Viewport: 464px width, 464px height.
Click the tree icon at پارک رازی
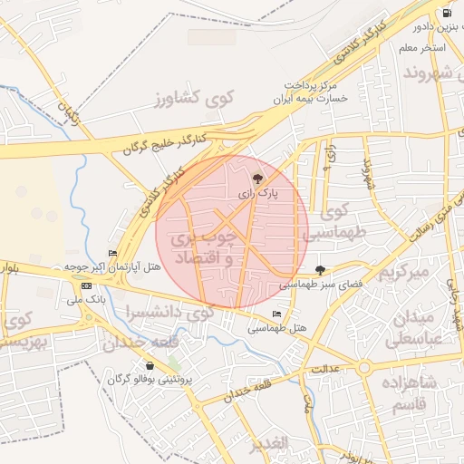coord(259,179)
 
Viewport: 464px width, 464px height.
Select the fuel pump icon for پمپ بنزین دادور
coord(447,13)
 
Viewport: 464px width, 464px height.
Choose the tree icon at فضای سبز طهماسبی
coord(320,269)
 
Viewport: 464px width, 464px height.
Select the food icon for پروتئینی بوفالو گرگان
coord(150,366)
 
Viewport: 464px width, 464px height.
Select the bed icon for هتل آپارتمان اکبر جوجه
coord(113,253)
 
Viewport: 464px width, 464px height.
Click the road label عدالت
coord(324,370)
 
